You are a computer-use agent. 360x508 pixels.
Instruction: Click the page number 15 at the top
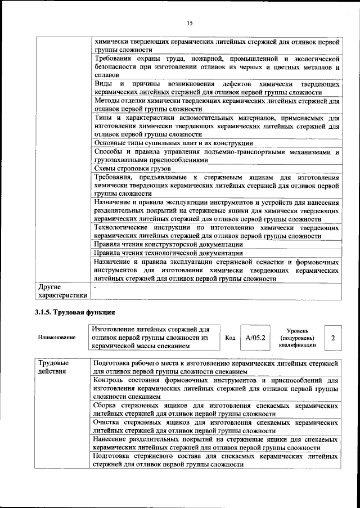click(x=190, y=23)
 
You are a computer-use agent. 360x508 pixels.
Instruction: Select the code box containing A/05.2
click(x=255, y=338)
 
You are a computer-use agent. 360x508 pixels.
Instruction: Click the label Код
click(x=230, y=338)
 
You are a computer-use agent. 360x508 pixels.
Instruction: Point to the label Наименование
click(x=56, y=338)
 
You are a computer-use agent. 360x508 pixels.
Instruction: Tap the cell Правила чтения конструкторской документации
click(x=169, y=245)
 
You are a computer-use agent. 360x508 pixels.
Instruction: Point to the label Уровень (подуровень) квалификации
click(x=297, y=338)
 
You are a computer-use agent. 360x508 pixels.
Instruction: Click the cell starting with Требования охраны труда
click(x=217, y=66)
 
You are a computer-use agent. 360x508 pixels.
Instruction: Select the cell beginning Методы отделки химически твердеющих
click(x=217, y=105)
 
